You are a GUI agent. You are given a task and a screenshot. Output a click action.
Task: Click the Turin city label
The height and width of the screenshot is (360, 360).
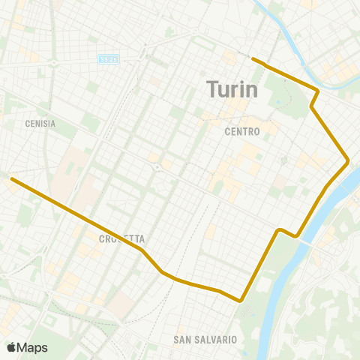(x=232, y=90)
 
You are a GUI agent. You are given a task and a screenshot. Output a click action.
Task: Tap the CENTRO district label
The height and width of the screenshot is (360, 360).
(x=241, y=131)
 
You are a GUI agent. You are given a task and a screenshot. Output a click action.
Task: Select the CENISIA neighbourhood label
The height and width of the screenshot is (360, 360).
(x=40, y=124)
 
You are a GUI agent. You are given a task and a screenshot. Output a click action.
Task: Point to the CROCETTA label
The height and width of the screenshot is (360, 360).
(x=120, y=238)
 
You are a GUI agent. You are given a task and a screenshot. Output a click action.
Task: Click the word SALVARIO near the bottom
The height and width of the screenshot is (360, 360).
(x=216, y=340)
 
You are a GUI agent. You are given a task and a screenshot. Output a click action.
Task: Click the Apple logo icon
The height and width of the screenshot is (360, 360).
(x=11, y=347)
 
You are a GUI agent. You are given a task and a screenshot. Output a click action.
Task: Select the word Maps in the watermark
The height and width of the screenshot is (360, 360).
(x=32, y=347)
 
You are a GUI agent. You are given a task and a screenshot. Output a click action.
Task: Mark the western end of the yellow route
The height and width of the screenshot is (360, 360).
(x=11, y=178)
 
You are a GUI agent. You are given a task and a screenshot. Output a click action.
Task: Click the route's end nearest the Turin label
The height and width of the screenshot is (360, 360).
(x=253, y=58)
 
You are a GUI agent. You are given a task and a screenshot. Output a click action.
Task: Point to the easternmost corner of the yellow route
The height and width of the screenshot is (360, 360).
(x=349, y=160)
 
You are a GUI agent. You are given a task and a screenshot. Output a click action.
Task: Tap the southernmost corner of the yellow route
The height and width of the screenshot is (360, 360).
(x=240, y=301)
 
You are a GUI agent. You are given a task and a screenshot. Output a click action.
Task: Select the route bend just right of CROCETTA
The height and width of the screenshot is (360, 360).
(x=141, y=247)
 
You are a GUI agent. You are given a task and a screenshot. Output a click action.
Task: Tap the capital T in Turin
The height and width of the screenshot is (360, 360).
(x=211, y=90)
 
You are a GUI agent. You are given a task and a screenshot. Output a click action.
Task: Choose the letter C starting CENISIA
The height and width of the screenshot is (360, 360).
(x=27, y=124)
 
